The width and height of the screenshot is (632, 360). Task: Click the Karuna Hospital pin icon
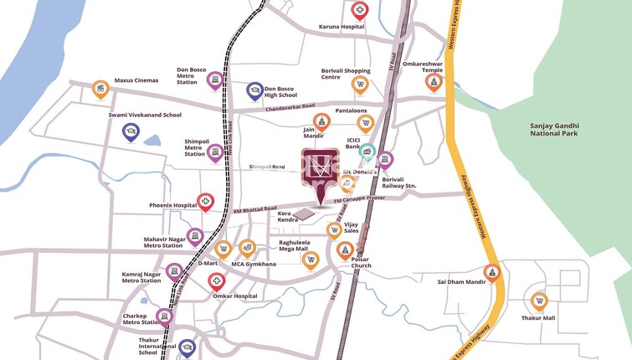coord(360,11)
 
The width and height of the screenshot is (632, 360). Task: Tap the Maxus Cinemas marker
coord(100,89)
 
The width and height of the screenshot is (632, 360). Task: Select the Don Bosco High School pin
coord(254,90)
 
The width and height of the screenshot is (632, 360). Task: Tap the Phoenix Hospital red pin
coord(205,202)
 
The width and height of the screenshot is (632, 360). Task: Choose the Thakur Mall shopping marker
coord(539,301)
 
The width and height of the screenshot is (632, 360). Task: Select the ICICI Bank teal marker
coord(367,151)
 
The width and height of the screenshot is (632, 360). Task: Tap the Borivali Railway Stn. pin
coord(384,160)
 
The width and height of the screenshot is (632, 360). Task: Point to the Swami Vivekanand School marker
coord(131,131)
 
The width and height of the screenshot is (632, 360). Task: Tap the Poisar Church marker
coord(345,249)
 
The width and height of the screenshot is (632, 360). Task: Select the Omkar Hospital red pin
coord(216,282)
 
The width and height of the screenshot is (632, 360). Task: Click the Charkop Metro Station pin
coord(164,316)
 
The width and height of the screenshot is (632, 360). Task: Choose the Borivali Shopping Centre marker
coord(361,85)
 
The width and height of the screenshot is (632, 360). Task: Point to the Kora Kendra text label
coord(289,218)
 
